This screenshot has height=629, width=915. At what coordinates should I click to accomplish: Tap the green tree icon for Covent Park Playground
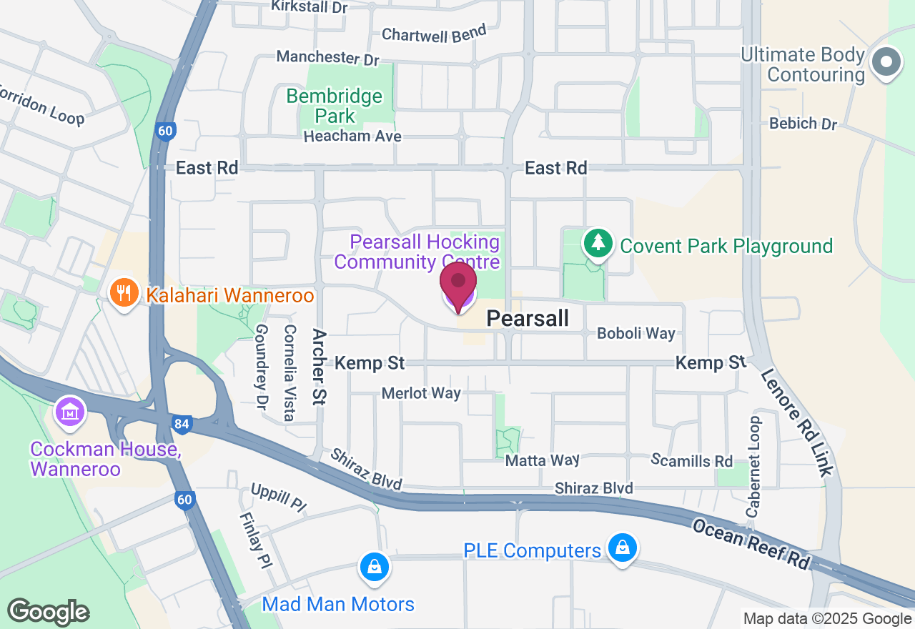coord(598,244)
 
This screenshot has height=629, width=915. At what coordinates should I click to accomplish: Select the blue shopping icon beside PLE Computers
coord(622,548)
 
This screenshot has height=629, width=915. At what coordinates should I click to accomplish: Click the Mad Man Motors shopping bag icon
coord(373,568)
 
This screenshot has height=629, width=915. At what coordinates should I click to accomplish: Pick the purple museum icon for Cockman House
coord(70,412)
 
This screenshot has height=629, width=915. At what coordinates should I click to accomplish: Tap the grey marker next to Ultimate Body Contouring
coord(886,62)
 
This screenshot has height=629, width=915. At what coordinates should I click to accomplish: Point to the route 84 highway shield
coord(182,425)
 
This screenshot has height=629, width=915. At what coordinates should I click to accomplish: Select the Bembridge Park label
coord(335,105)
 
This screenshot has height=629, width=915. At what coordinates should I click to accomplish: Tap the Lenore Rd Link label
coord(796,422)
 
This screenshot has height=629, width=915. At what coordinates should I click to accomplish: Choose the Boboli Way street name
coord(635,333)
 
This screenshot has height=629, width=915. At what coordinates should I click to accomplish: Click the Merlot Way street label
coord(421,393)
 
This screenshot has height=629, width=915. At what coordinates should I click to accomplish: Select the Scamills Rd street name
coord(692,460)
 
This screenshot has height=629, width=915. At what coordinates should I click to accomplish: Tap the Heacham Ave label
coord(352,136)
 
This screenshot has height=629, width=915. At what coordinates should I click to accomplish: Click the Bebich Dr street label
coord(803,124)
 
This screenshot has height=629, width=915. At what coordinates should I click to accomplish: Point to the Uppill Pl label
coord(278,497)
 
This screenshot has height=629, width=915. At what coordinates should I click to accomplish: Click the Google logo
coord(48,612)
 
